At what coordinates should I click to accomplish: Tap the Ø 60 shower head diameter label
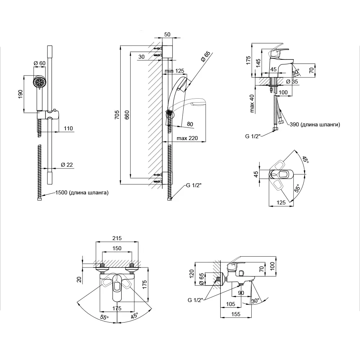40,63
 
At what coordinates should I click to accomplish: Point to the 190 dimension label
21,94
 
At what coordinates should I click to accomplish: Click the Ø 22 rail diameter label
67,165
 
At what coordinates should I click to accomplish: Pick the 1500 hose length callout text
82,193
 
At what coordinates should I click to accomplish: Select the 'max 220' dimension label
187,138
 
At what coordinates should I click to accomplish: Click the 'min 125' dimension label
174,71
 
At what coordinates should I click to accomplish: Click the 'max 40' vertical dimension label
252,104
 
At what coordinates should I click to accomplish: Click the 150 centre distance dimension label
117,248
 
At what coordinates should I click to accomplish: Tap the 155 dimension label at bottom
236,314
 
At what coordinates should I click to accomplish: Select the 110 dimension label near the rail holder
68,129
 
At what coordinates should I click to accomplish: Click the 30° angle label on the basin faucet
296,72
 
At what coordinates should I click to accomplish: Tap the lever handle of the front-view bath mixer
117,286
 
